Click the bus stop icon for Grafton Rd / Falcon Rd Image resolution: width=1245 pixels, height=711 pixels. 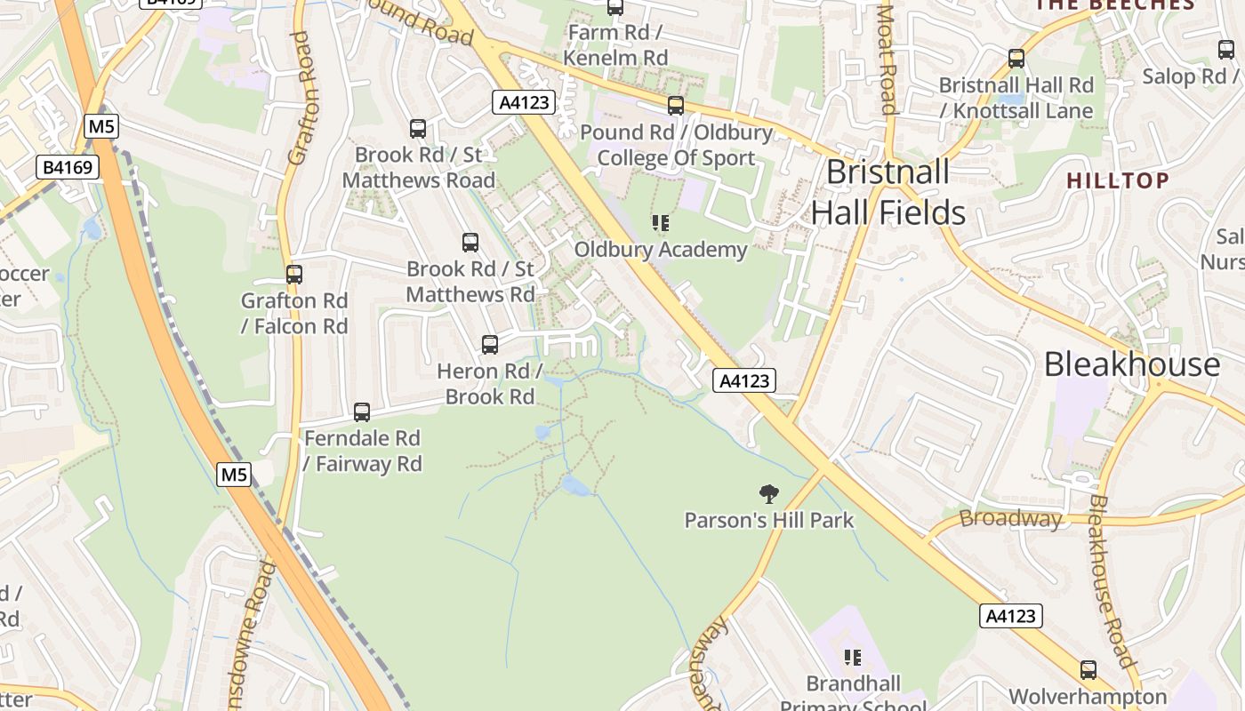[294, 275]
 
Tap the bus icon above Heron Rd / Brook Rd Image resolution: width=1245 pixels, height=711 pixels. [490, 345]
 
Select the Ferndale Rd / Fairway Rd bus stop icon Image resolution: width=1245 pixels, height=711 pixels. [362, 412]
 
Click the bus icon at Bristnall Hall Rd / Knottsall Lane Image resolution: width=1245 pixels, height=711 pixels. [1016, 60]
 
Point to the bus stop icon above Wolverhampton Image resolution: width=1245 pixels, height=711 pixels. [1088, 670]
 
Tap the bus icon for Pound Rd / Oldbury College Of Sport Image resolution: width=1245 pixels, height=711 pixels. [676, 106]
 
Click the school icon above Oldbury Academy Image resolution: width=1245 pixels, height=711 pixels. [660, 223]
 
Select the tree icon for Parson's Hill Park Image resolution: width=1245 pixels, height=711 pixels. [768, 494]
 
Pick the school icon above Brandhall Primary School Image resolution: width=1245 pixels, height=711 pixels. [853, 658]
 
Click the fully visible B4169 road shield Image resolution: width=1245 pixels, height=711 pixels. [68, 167]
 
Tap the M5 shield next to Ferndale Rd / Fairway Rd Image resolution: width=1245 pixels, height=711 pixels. [234, 475]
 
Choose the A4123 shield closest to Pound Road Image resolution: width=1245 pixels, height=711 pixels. [524, 102]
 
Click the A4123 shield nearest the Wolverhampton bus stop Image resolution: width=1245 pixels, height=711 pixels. [1010, 616]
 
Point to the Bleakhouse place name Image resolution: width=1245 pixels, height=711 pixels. [1131, 364]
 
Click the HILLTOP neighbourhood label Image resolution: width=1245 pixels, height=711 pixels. [1118, 180]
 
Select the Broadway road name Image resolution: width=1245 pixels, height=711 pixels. [1011, 518]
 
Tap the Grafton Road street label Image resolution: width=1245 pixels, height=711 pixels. [302, 98]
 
